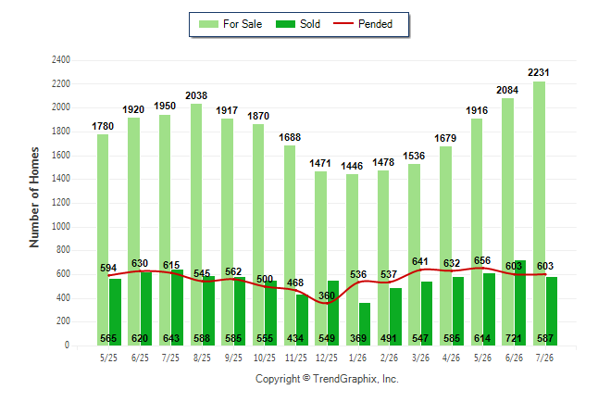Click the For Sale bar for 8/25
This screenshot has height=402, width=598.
(196, 224)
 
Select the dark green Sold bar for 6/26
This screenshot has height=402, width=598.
(520, 303)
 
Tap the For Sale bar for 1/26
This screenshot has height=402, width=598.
(352, 259)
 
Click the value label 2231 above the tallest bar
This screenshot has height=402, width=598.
(539, 72)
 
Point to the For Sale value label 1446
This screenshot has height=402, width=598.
(352, 166)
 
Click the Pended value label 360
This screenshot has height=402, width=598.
(327, 295)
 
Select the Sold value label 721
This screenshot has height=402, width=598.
(514, 338)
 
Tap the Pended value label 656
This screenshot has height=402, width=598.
(482, 260)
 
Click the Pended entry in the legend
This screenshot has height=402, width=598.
(363, 24)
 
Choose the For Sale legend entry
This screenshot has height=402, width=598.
(230, 24)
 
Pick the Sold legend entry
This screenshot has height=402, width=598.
(298, 24)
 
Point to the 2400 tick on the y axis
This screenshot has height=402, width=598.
(61, 60)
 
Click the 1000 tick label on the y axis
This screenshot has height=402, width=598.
(61, 226)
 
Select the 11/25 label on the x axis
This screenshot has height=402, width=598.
(296, 358)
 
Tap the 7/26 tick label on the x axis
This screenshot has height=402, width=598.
(544, 358)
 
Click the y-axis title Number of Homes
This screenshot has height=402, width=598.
(34, 197)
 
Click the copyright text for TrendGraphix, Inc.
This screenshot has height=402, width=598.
(327, 379)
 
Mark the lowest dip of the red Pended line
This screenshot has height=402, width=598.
(327, 304)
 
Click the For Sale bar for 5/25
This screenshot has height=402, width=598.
(103, 240)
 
